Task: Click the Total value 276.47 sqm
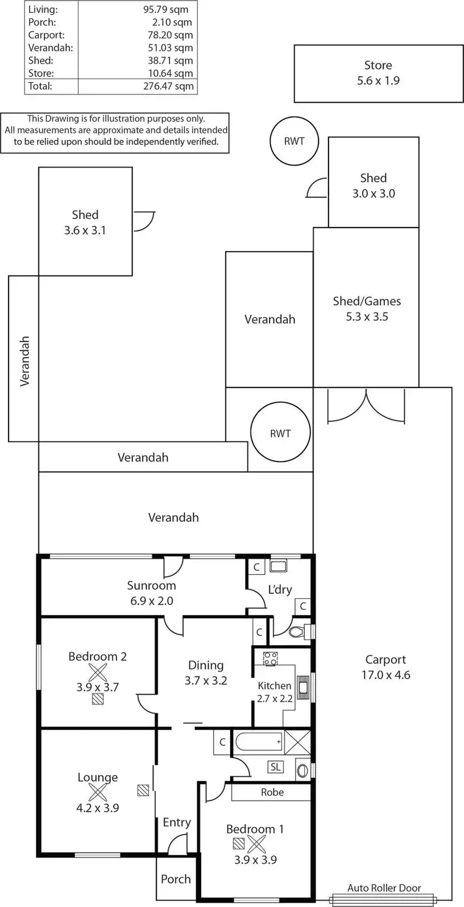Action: pyautogui.click(x=168, y=87)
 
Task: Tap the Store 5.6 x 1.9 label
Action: pyautogui.click(x=377, y=72)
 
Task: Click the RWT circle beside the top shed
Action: pyautogui.click(x=294, y=141)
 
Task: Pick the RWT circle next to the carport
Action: pyautogui.click(x=280, y=433)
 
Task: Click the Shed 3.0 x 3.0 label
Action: pyautogui.click(x=373, y=186)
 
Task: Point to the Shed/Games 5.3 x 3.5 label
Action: pyautogui.click(x=366, y=309)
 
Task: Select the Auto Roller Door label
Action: pyautogui.click(x=384, y=888)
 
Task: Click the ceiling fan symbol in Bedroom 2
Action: pyautogui.click(x=98, y=673)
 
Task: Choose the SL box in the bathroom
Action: pyautogui.click(x=275, y=767)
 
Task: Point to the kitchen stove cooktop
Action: pyautogui.click(x=270, y=658)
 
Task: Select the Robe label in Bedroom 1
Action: pyautogui.click(x=272, y=792)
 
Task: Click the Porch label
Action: pyautogui.click(x=176, y=879)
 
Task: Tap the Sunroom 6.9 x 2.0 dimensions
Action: pyautogui.click(x=152, y=600)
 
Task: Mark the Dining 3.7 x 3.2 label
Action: pyautogui.click(x=205, y=673)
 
